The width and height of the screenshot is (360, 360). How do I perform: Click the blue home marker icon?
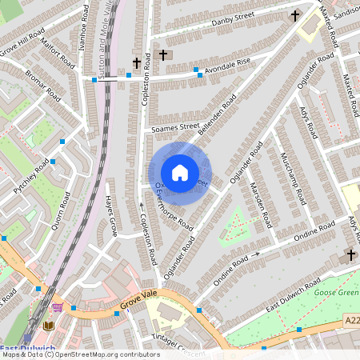pyautogui.click(x=180, y=172)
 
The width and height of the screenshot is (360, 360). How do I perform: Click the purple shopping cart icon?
pyautogui.click(x=57, y=307)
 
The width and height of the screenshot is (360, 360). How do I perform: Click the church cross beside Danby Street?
pyautogui.click(x=294, y=15)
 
